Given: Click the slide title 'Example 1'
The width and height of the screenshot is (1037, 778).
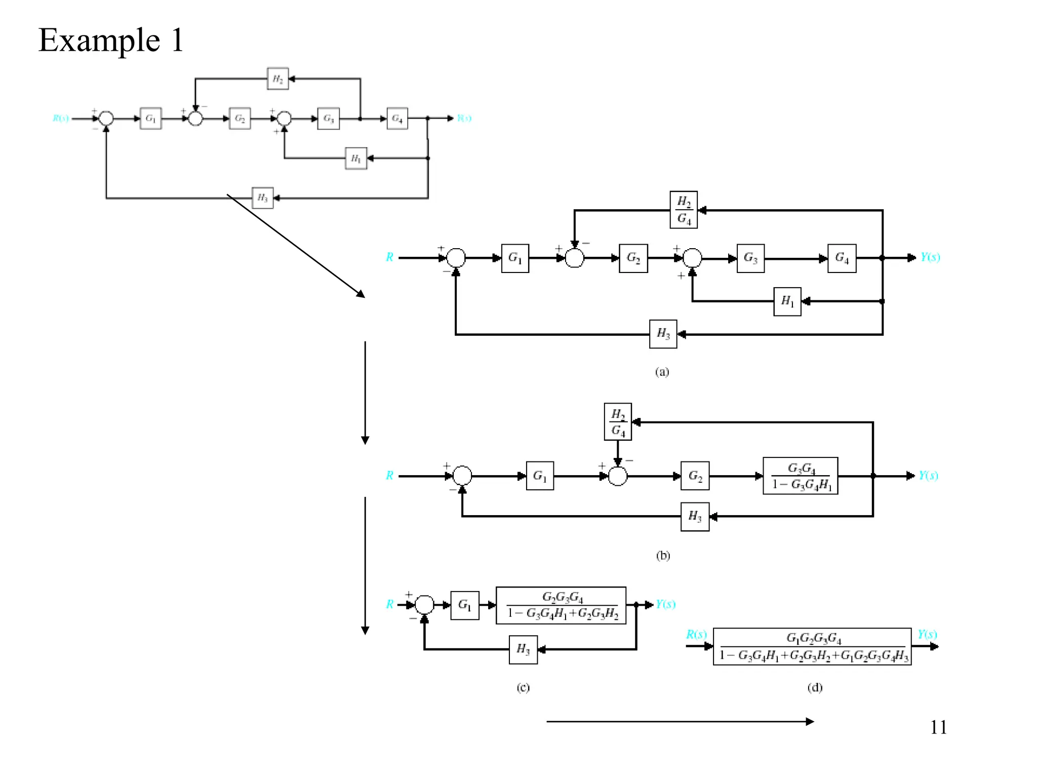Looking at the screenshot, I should pos(110,41).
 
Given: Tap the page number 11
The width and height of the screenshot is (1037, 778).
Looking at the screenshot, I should pos(938,727).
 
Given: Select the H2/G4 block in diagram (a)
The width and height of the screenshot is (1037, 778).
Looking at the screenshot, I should pos(683,210).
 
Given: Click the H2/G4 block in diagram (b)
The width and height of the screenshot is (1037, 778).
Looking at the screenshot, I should pos(617,422).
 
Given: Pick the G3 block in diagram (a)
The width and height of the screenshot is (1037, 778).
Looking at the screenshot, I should pos(750,258).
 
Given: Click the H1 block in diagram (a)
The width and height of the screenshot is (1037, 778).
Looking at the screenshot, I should pos(787,301).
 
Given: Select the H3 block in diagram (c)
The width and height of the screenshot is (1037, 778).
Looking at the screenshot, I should pos(523,649).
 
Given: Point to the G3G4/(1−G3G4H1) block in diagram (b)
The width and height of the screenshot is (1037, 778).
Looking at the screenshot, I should pos(800,476).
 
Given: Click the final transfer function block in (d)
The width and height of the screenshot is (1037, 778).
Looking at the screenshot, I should pos(812,647).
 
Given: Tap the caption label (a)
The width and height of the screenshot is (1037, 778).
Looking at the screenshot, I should pos(662,372).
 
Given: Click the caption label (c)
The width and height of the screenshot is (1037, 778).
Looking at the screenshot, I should pos(523,688).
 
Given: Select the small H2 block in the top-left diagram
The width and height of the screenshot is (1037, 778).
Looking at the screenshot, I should pos(277,79).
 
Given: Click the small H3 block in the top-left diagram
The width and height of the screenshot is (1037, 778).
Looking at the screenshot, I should pos(262,198).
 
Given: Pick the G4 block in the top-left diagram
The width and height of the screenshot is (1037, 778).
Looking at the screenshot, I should pos(397,119).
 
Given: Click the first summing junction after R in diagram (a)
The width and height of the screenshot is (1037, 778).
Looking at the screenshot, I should pos(456,258).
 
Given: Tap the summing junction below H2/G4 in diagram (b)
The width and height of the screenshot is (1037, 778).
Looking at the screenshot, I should pos(617,476).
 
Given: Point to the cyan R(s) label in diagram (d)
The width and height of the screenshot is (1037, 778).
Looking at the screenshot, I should pos(696,634).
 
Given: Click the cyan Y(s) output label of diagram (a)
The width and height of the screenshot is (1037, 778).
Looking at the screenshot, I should pos(930,257).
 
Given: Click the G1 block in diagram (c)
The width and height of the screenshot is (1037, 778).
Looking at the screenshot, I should pos(464,605).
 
